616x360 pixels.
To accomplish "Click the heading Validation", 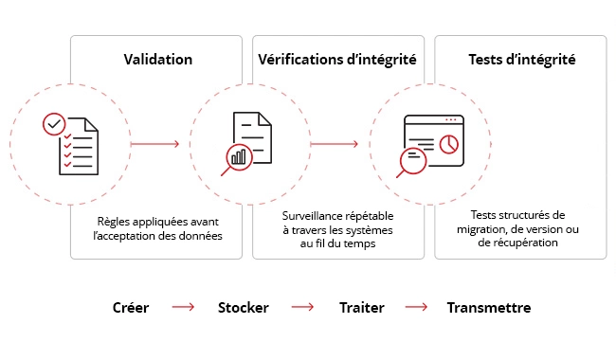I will coord(158,59).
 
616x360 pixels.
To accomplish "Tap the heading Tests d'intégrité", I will coord(521,59).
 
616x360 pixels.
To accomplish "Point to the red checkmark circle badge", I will coord(54,124).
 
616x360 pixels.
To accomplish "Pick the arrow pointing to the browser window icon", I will coord(334,144).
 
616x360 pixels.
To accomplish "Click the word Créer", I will coord(130,308).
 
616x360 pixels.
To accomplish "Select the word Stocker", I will coord(244,308).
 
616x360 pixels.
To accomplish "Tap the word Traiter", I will coord(360,308).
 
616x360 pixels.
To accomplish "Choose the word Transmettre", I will coord(489,308).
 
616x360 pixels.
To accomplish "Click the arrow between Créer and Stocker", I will coord(183,308).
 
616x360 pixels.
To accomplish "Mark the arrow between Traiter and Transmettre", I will coord(417,308).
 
